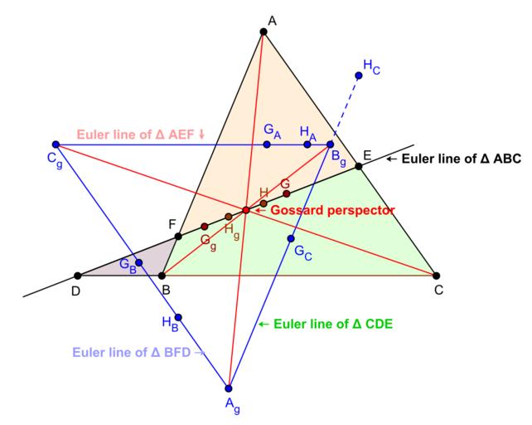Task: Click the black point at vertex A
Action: [264, 32]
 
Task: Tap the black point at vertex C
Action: [436, 276]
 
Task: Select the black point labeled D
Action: [77, 276]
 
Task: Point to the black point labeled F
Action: [178, 236]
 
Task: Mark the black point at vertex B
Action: [162, 276]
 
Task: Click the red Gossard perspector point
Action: [246, 210]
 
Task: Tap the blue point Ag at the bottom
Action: [230, 388]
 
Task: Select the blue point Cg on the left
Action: [56, 144]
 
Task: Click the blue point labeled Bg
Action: [330, 144]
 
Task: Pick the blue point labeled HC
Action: [359, 76]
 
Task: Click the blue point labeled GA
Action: [267, 144]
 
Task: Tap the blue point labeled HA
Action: [307, 144]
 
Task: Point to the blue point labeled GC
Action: [291, 239]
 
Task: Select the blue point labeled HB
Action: [178, 317]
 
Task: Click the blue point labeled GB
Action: [139, 263]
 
